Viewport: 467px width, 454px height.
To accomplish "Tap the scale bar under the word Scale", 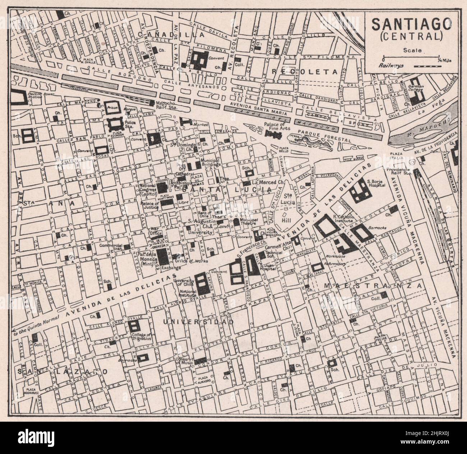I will (x=412, y=57).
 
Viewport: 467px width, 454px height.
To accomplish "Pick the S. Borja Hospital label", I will (x=376, y=184).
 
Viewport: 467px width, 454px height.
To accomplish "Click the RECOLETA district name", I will (x=305, y=71).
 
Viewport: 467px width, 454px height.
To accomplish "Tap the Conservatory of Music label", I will (x=184, y=361).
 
